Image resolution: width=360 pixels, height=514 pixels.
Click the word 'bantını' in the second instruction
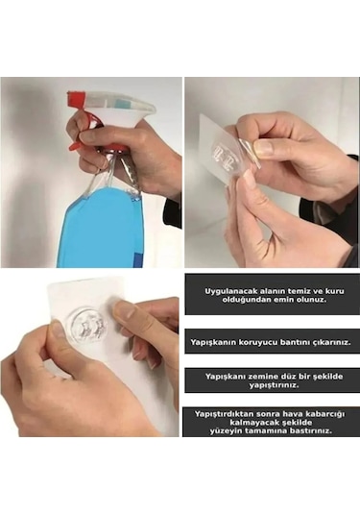click(292, 342)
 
